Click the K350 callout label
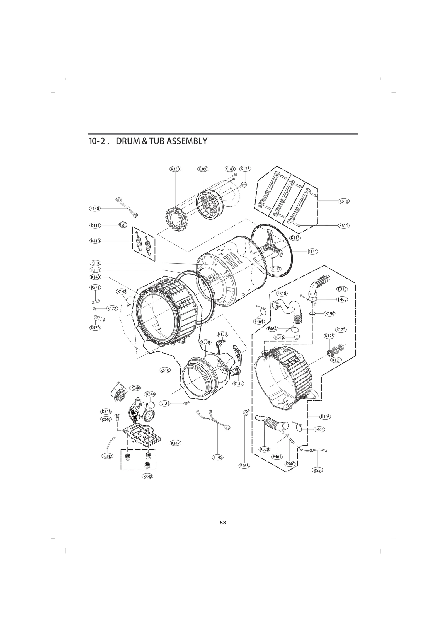tap(175, 169)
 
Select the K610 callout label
tap(344, 201)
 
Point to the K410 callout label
tap(95, 241)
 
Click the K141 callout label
tap(312, 251)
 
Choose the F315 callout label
tap(342, 289)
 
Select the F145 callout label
tap(218, 457)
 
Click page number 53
tap(223, 523)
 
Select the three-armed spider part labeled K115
tap(272, 242)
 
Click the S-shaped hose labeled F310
tap(290, 308)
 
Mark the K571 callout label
tap(95, 287)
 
